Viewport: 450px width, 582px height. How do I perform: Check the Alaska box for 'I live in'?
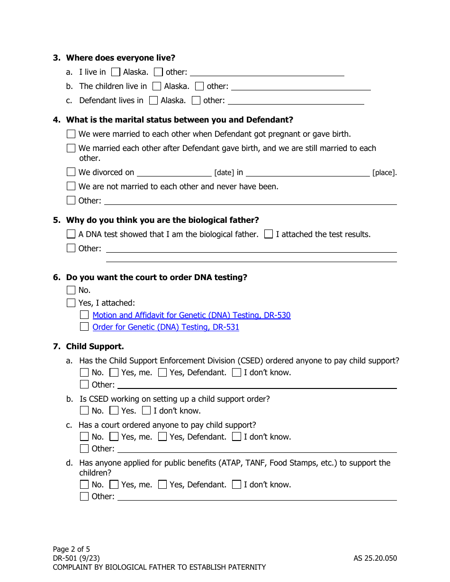pyautogui.click(x=116, y=72)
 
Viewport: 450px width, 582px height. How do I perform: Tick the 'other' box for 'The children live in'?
pyautogui.click(x=199, y=87)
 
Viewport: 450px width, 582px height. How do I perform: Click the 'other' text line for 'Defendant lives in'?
pyautogui.click(x=296, y=101)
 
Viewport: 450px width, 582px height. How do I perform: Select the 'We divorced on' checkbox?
pyautogui.click(x=71, y=172)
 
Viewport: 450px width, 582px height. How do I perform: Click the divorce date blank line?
pyautogui.click(x=174, y=173)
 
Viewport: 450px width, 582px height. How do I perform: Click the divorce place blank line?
pyautogui.click(x=307, y=173)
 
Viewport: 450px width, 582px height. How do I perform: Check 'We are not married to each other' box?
pyautogui.click(x=71, y=186)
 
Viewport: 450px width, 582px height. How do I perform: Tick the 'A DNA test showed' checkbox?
pyautogui.click(x=71, y=234)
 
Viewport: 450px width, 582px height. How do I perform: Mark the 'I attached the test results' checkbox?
pyautogui.click(x=269, y=234)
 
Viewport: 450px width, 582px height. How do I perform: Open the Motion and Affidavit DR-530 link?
pyautogui.click(x=191, y=316)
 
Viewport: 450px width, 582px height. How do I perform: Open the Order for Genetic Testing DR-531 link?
pyautogui.click(x=166, y=327)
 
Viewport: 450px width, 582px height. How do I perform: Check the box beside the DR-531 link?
pyautogui.click(x=84, y=327)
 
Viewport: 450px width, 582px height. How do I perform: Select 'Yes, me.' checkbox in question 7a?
pyautogui.click(x=114, y=373)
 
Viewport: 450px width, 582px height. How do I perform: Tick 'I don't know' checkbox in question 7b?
pyautogui.click(x=146, y=411)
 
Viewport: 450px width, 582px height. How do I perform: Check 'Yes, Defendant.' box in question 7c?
pyautogui.click(x=162, y=437)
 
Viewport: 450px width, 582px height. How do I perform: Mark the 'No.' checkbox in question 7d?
pyautogui.click(x=84, y=485)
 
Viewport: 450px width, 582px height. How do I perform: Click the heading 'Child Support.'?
pyautogui.click(x=95, y=347)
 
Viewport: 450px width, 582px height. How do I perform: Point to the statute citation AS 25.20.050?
pyautogui.click(x=375, y=558)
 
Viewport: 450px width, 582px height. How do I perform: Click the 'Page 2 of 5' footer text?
pyautogui.click(x=71, y=549)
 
